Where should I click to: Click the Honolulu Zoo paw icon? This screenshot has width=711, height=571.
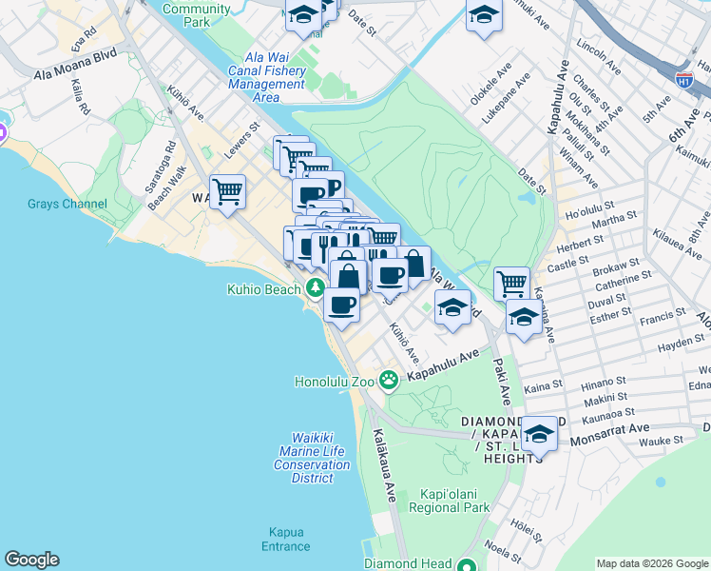pos(389,381)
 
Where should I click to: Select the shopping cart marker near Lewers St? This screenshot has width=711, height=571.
pos(228,192)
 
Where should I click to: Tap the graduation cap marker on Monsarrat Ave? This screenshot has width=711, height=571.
pos(539,435)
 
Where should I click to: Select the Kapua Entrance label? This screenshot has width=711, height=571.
pos(286,539)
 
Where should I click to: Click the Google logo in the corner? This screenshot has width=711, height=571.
pos(31,560)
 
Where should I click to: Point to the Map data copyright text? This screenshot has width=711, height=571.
pos(651,563)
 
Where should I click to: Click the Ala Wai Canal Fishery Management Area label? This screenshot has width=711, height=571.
pos(267,84)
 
